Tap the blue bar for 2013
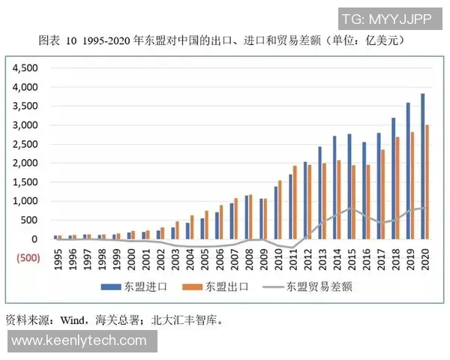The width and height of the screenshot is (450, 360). click(x=321, y=193)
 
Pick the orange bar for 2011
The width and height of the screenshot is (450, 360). click(x=295, y=202)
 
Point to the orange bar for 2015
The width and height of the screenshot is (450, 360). click(x=353, y=202)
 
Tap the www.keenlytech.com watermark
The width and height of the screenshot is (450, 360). click(x=79, y=341)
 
